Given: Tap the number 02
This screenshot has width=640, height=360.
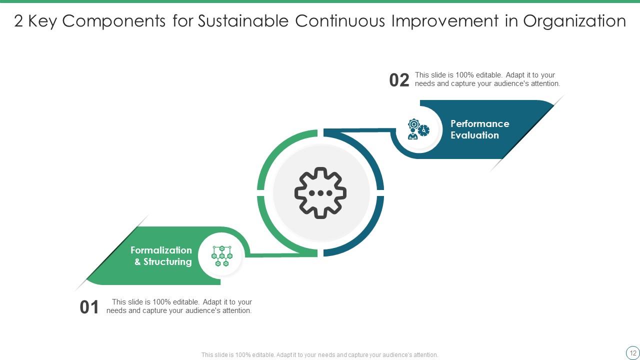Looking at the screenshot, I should pos(399,80).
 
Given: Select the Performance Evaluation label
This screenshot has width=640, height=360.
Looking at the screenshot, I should pos(479,129).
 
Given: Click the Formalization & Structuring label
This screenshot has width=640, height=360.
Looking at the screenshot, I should pos(161,256).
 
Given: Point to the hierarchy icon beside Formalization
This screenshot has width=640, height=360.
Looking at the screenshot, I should pos(222,255).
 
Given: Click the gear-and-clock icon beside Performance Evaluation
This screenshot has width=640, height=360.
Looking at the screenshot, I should pos(418,129).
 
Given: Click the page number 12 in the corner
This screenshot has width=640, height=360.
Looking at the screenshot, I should pos(632,352).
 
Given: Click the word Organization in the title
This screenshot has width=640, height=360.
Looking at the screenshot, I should pos(574,21).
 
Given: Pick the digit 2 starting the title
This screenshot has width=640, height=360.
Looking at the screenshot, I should pos(18,21).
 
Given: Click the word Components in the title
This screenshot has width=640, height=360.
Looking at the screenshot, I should pos(114,21).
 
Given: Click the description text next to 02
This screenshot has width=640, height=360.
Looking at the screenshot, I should pos(487,79).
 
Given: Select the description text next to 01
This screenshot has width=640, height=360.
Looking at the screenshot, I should pos(179,306).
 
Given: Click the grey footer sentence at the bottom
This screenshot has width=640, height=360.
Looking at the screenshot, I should pos(319,355).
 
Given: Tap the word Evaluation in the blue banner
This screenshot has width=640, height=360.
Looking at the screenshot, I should pos(474,135).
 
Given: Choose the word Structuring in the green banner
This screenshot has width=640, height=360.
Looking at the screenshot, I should pos(167,262).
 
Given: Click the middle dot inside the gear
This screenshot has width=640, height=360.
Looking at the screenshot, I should pos(320,193).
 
